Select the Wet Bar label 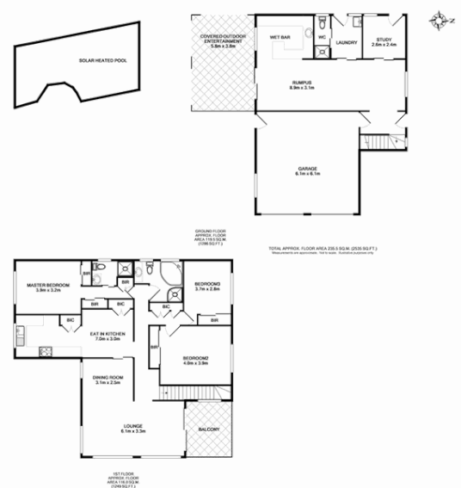280,38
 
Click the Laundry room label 347,42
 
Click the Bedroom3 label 207,287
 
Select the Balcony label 209,430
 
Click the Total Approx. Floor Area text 324,250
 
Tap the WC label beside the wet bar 320,38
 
